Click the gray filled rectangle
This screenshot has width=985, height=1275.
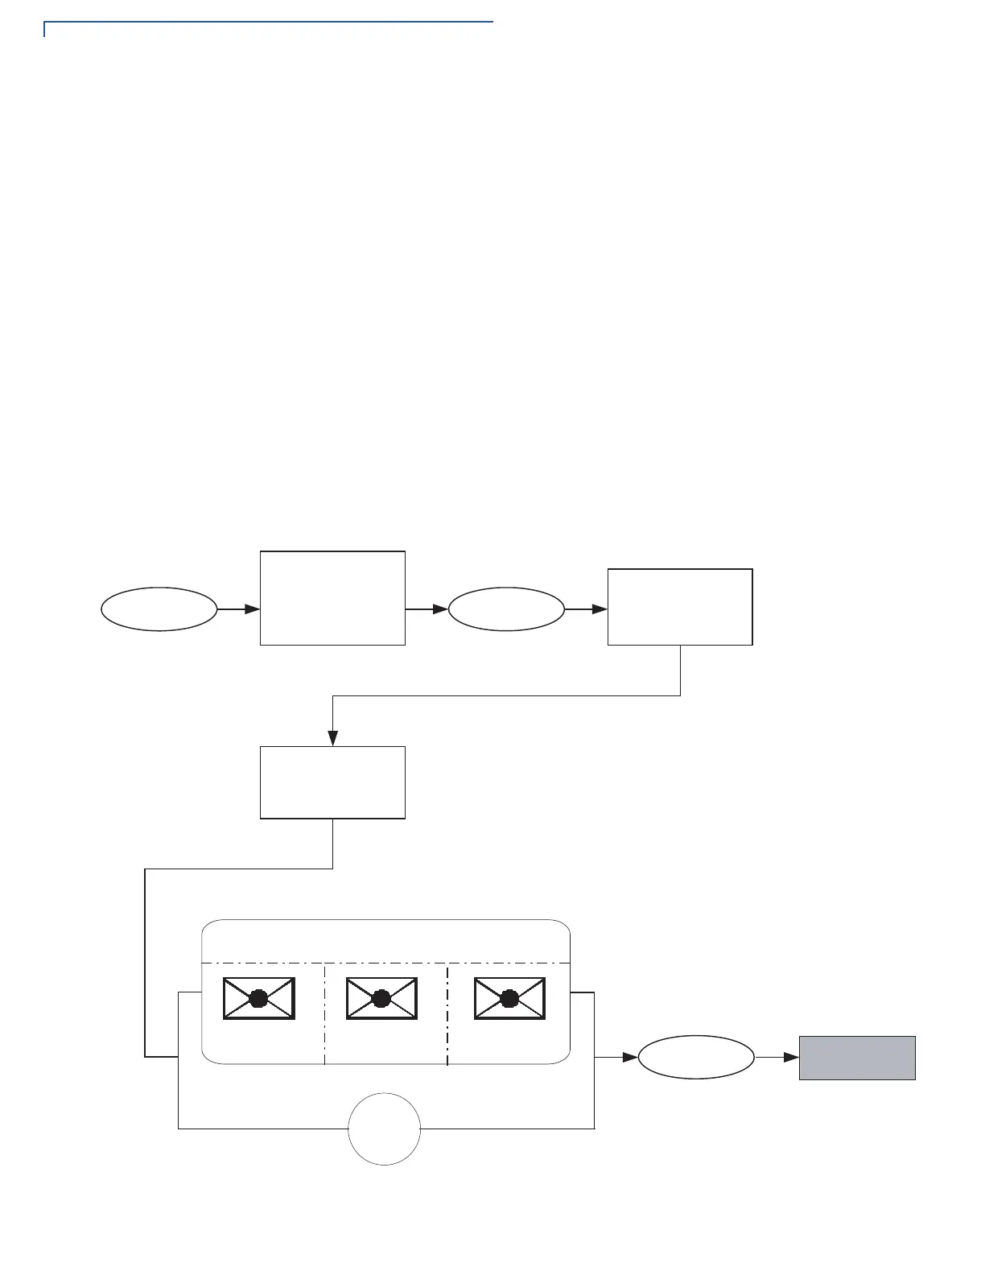[857, 1058]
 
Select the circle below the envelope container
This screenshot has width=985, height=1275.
[384, 1129]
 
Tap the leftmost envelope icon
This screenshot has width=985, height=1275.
[258, 999]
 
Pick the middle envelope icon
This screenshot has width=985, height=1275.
[381, 999]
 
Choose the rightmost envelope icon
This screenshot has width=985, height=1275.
[509, 999]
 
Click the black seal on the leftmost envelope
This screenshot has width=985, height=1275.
[258, 999]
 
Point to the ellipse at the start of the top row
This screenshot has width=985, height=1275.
[159, 609]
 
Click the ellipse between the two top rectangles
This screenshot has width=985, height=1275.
[506, 609]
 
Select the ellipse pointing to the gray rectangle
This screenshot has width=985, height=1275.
[696, 1058]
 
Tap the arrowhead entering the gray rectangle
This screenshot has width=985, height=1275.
[791, 1058]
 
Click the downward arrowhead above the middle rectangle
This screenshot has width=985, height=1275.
[332, 738]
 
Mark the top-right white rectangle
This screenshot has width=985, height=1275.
[680, 607]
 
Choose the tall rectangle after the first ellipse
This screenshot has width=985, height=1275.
[332, 598]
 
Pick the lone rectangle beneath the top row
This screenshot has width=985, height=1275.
[332, 782]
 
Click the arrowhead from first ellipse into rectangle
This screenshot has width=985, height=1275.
[252, 609]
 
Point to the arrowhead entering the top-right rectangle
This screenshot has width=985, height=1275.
[600, 609]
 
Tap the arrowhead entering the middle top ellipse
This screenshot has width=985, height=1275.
[440, 609]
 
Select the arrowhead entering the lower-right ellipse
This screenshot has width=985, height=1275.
[630, 1058]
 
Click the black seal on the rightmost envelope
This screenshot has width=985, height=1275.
[509, 999]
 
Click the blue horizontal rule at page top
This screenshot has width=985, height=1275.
[268, 23]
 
